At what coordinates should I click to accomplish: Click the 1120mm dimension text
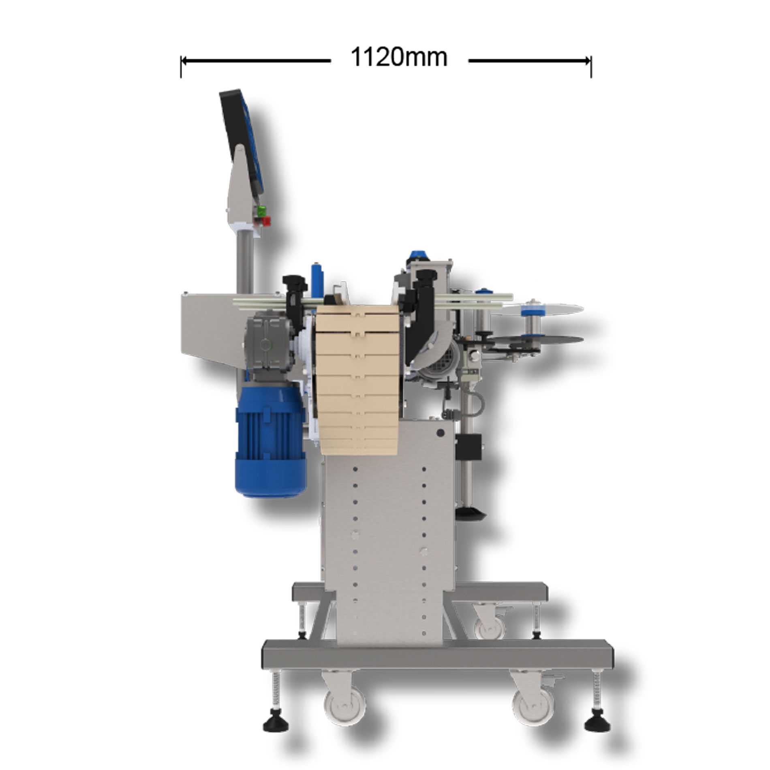(x=399, y=57)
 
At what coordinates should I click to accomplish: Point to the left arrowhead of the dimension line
(x=184, y=61)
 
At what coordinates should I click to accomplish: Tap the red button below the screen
(x=265, y=221)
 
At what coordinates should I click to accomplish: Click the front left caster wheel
(x=344, y=705)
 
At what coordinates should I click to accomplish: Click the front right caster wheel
(x=533, y=705)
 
